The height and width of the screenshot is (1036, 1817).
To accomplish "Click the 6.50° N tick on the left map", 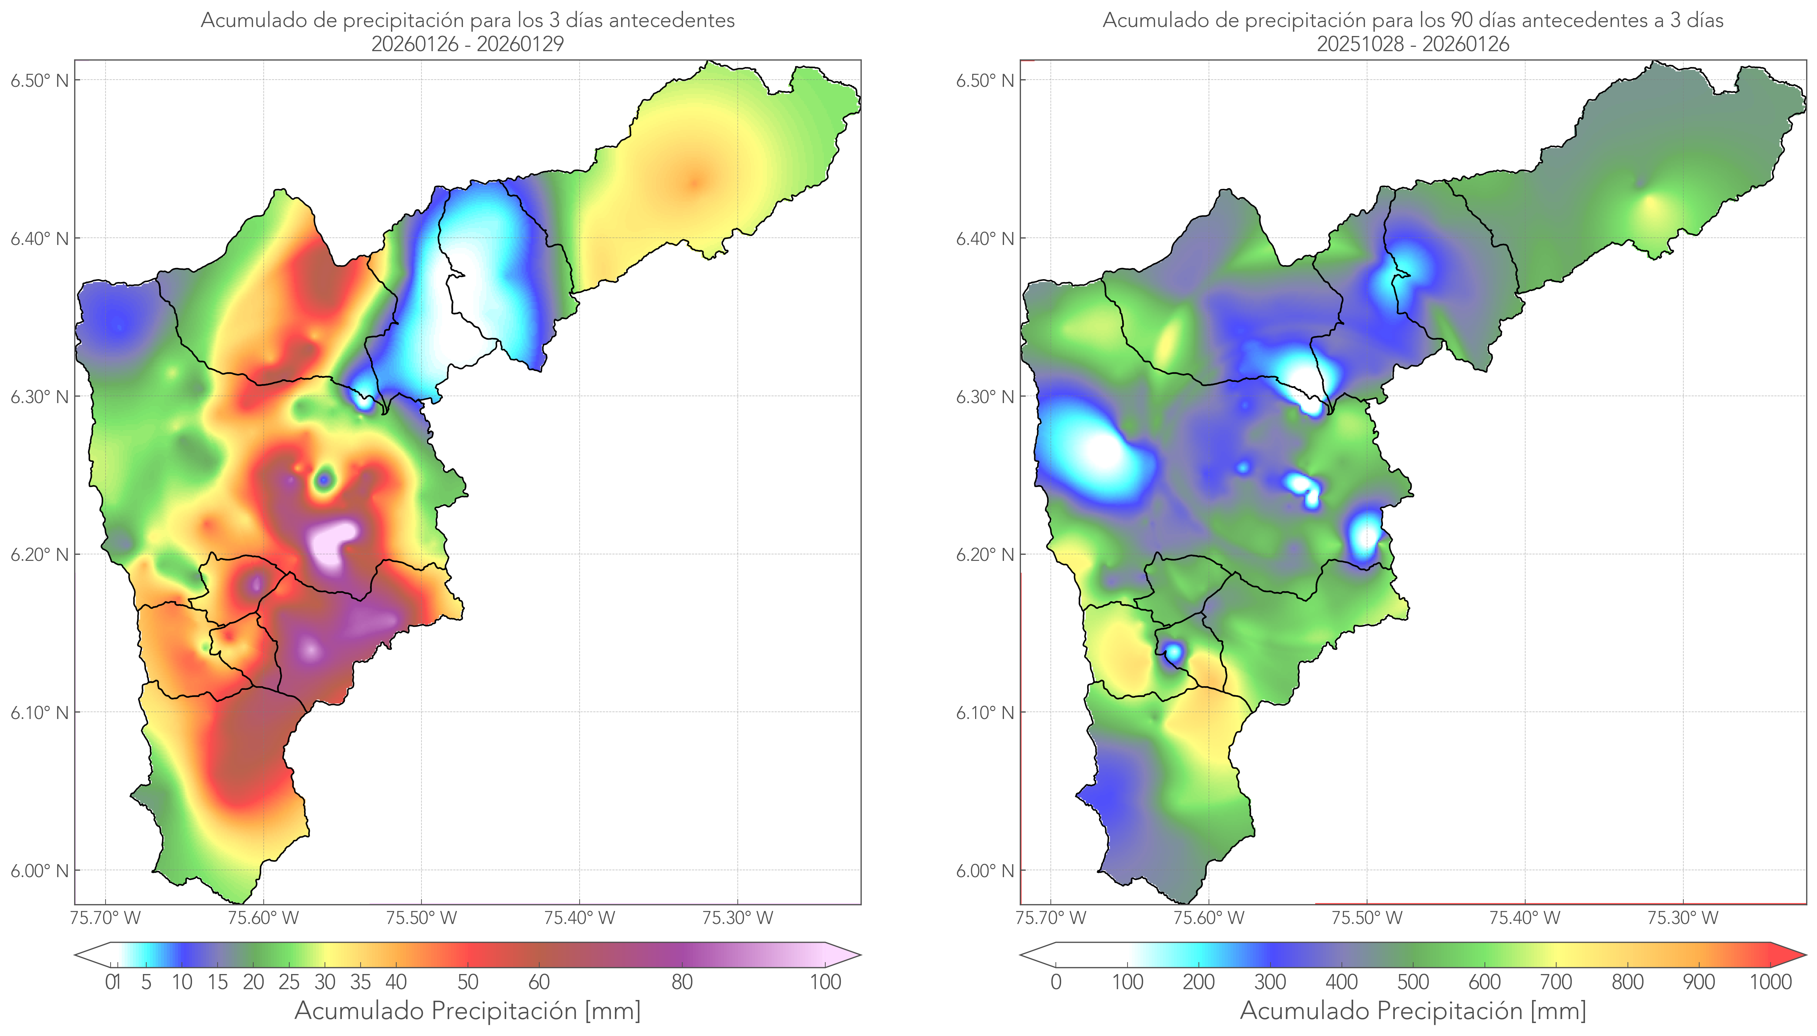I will (x=39, y=80).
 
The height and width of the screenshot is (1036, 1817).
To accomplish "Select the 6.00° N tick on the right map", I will (x=985, y=871).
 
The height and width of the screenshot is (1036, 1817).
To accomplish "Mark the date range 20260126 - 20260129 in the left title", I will (x=468, y=44).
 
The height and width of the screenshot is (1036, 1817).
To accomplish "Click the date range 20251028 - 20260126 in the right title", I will (x=1413, y=44).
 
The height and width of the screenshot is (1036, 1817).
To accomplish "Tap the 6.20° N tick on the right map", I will (x=985, y=554).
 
